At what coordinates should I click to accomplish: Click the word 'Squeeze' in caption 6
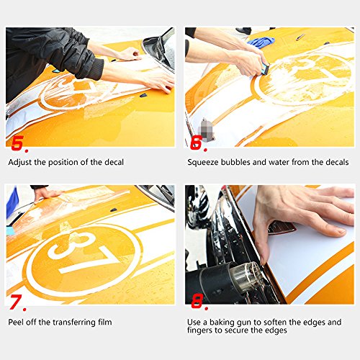204,163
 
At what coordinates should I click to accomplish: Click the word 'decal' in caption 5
113,163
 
